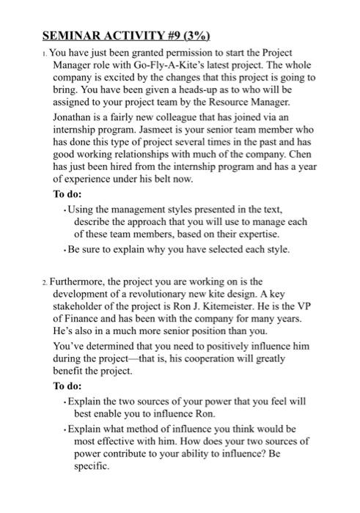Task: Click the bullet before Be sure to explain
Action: coord(66,249)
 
